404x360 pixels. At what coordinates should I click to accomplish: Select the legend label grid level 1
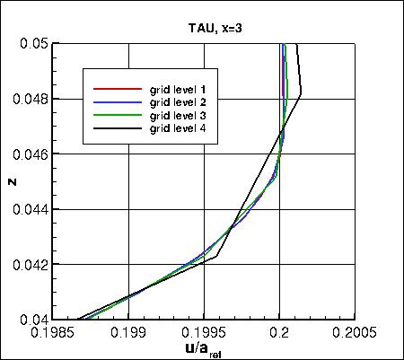click(184, 90)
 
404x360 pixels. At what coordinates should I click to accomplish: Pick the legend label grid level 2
click(184, 102)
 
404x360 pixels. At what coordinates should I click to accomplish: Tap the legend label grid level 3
click(184, 116)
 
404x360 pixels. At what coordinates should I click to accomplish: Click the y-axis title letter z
click(11, 181)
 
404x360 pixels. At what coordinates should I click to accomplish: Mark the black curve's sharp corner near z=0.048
click(301, 93)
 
